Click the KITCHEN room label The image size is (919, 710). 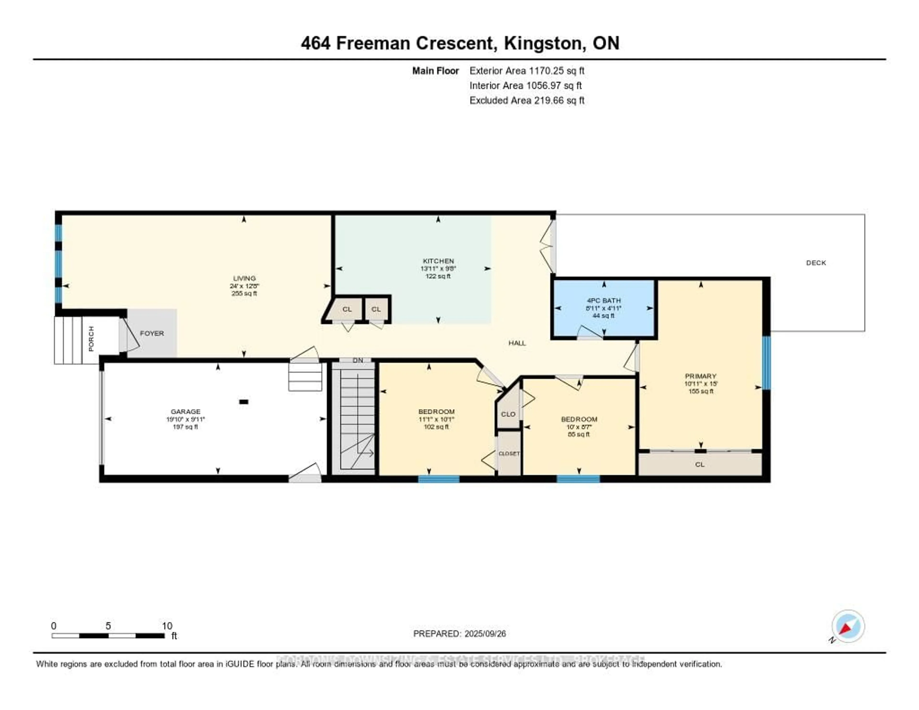point(438,261)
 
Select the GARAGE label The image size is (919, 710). point(185,411)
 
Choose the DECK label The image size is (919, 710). point(816,263)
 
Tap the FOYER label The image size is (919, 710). point(152,333)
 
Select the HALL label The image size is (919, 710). point(517,343)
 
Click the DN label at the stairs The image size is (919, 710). point(358,361)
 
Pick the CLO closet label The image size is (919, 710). point(508,414)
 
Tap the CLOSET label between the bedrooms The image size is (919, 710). point(509,454)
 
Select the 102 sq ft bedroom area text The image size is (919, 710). point(436,427)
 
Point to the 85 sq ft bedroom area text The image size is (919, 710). point(579,434)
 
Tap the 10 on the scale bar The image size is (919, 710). point(167,626)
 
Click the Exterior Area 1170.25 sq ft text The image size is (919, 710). point(527,71)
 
